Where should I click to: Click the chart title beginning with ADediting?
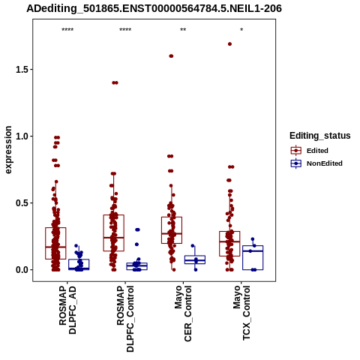point(154,8)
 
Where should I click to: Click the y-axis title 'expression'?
point(8,150)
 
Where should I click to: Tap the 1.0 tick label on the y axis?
point(22,136)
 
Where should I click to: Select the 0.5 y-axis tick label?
point(22,203)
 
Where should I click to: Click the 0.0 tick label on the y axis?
point(22,270)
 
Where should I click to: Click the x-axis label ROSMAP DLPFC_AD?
point(67,310)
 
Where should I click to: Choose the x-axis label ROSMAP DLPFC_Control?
point(125,319)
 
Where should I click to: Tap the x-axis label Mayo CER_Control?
point(183,313)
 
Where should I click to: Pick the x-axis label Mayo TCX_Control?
point(241,313)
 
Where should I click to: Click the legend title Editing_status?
point(320,136)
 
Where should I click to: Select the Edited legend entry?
point(309,151)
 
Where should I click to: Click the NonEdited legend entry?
point(316,163)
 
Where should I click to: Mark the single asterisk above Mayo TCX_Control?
point(241,30)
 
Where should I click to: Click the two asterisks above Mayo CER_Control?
point(183,30)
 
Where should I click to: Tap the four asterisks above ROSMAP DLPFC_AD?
point(67,30)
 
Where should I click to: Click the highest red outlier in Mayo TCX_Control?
point(229,44)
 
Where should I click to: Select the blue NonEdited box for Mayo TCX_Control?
point(253,258)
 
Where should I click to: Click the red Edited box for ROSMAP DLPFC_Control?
point(114,233)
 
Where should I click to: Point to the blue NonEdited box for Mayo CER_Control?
point(195,259)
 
